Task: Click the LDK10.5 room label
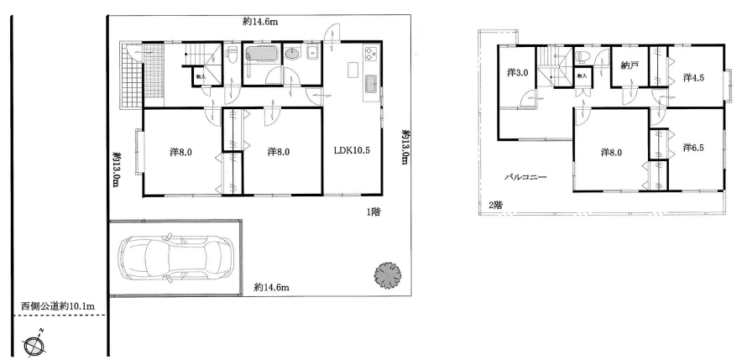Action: pos(351,151)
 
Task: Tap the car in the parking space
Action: pos(175,257)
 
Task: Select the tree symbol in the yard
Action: pos(388,275)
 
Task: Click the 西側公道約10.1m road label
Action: pos(57,306)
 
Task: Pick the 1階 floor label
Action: pos(373,212)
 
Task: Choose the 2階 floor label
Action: pos(495,205)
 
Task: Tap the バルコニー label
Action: pos(525,177)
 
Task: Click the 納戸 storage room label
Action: pos(630,65)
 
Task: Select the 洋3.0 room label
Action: pos(517,73)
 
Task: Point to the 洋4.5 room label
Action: pos(693,77)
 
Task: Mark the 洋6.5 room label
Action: pos(693,148)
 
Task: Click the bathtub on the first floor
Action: pos(261,53)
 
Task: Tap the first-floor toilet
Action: pos(232,54)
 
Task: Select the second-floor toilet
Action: pos(583,57)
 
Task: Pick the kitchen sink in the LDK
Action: pos(371,85)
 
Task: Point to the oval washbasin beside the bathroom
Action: pos(292,54)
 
